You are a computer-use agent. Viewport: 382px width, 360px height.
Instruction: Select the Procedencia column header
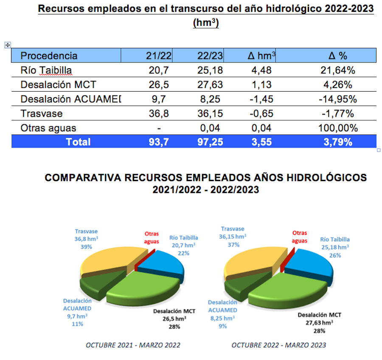pos(49,56)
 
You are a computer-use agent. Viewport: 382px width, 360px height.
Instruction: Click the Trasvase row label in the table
pos(42,114)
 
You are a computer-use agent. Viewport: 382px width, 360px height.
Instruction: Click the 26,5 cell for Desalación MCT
pos(159,84)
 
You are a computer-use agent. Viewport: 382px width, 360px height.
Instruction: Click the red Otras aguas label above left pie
pos(152,237)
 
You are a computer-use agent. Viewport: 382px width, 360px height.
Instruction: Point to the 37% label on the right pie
pos(233,245)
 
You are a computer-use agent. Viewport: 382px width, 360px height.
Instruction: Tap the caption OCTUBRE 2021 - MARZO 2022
pos(133,345)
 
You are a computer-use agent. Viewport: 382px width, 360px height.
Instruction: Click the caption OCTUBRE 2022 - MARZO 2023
pos(278,345)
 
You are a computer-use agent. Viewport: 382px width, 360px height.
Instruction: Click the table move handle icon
pos(7,45)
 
